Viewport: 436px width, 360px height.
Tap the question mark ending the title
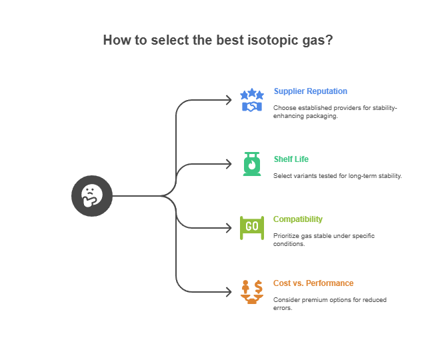coord(329,40)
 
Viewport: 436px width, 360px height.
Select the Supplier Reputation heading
coord(310,91)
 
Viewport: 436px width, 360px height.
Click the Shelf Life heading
coord(291,159)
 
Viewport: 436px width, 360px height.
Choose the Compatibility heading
coord(298,219)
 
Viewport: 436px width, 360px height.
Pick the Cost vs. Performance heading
coord(313,283)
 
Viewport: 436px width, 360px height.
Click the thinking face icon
coord(92,196)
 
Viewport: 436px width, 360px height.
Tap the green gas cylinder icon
coord(252,164)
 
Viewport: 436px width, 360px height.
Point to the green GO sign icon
coord(252,228)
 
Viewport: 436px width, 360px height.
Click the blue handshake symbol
coord(252,107)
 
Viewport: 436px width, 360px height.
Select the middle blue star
coord(252,92)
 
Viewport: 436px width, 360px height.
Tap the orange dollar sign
coord(259,287)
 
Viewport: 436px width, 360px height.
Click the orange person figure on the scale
coord(245,286)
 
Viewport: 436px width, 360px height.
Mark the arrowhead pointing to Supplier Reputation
coord(229,100)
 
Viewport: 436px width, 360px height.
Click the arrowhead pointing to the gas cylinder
coord(229,164)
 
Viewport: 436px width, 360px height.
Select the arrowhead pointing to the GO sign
coord(229,228)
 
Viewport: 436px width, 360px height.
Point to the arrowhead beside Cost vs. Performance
coord(229,292)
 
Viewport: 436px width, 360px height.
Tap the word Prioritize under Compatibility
coord(285,236)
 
